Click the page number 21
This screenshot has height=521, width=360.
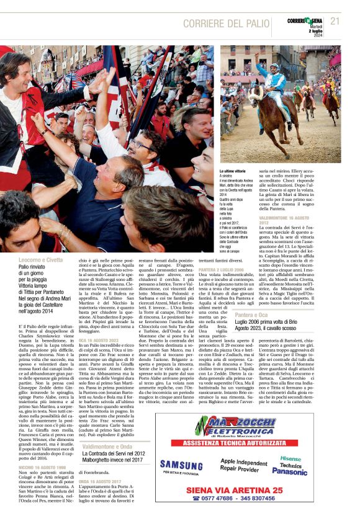(335, 21)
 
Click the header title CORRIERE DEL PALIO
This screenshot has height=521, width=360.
(226, 23)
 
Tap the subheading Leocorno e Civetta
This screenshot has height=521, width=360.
(40, 260)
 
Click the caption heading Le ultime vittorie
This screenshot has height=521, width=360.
(233, 170)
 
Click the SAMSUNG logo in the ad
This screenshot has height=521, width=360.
(181, 463)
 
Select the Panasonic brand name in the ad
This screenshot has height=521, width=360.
(289, 471)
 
